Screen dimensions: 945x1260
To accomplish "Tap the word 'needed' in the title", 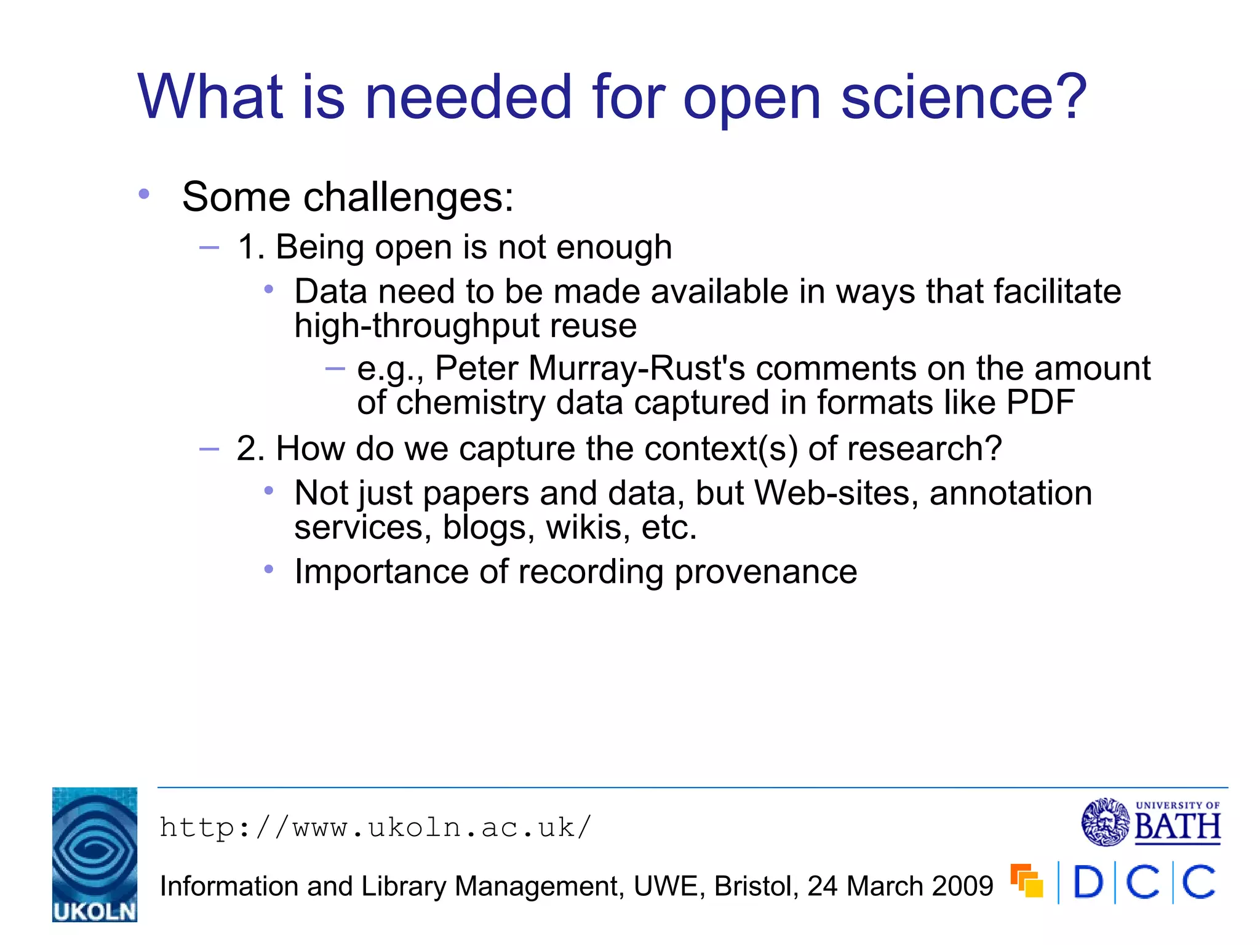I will [468, 97].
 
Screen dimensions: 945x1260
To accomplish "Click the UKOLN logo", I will [95, 854].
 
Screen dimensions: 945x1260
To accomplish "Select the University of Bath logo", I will [1151, 823].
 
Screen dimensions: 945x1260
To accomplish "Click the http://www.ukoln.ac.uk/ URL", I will [375, 827].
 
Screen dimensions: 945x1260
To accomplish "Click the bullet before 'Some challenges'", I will [144, 194].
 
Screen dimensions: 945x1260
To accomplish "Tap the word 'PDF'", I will [1040, 403].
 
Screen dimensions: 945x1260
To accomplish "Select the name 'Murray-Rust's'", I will [636, 369].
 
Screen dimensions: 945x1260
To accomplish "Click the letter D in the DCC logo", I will [1088, 883].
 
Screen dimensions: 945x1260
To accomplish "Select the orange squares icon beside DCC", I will [1026, 881].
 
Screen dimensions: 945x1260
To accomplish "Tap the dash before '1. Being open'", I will [209, 248].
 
